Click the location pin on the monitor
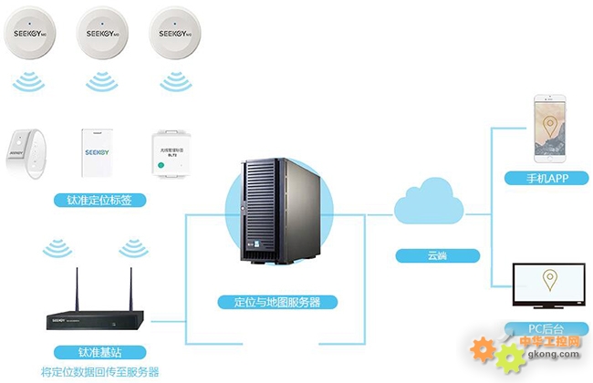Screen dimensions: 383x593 coord(549,279)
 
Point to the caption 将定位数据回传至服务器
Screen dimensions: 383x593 coord(100,372)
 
